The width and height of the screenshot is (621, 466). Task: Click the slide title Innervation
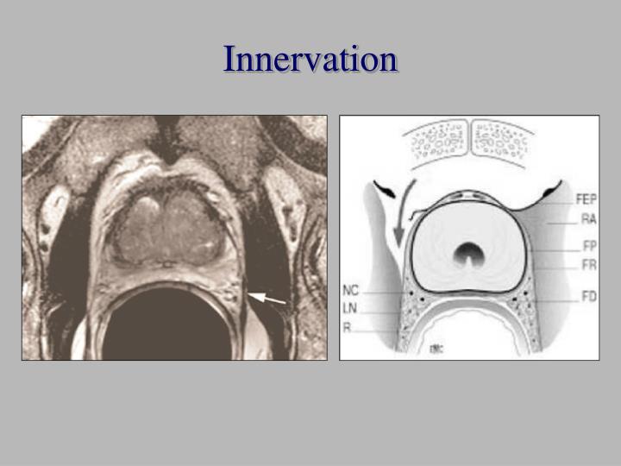[310, 60]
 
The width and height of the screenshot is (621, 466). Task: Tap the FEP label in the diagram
[585, 198]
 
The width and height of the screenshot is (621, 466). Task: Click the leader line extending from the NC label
[379, 291]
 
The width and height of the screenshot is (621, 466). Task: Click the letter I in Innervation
[229, 60]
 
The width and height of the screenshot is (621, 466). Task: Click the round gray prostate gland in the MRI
[168, 224]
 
